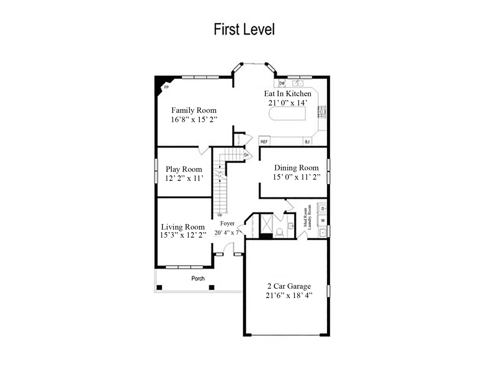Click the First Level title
pyautogui.click(x=244, y=30)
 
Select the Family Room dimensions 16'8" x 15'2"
pyautogui.click(x=194, y=119)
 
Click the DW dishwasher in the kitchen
pyautogui.click(x=282, y=83)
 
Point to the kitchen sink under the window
pyautogui.click(x=297, y=83)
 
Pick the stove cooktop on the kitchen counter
pyautogui.click(x=322, y=111)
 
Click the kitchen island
pyautogui.click(x=287, y=113)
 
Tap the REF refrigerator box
pyautogui.click(x=264, y=141)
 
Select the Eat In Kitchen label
pyautogui.click(x=288, y=93)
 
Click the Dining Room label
pyautogui.click(x=296, y=168)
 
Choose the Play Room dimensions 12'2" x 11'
pyautogui.click(x=184, y=178)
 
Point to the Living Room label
pyautogui.click(x=183, y=227)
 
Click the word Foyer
pyautogui.click(x=227, y=223)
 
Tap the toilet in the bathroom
pyautogui.click(x=280, y=232)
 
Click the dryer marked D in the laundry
pyautogui.click(x=322, y=208)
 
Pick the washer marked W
pyautogui.click(x=322, y=221)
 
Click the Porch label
pyautogui.click(x=198, y=278)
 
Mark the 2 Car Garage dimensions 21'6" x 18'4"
pyautogui.click(x=289, y=295)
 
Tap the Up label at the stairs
pyautogui.click(x=220, y=215)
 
